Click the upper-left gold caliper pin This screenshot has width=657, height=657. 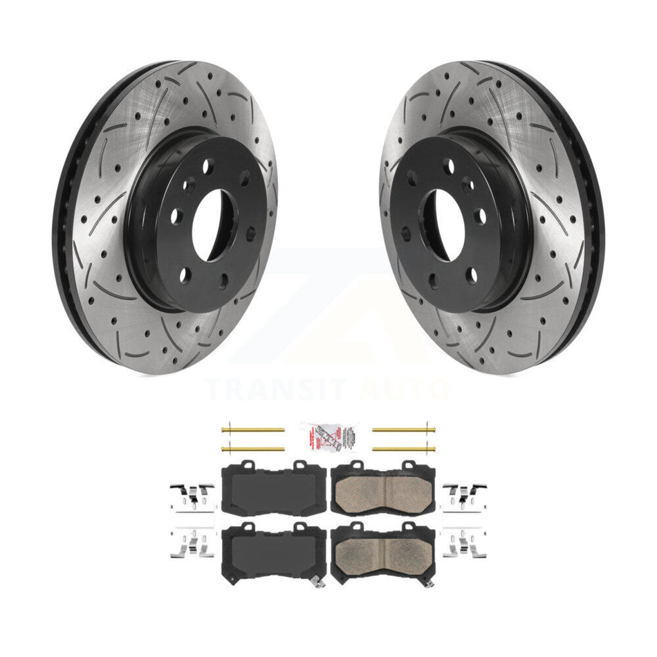(x=252, y=430)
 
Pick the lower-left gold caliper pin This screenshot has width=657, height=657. (x=252, y=450)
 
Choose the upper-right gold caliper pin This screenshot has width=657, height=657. (x=403, y=430)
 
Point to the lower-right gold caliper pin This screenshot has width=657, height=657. (x=403, y=450)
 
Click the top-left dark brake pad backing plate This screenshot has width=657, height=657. (x=274, y=490)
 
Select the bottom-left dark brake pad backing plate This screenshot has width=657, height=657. (x=274, y=550)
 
